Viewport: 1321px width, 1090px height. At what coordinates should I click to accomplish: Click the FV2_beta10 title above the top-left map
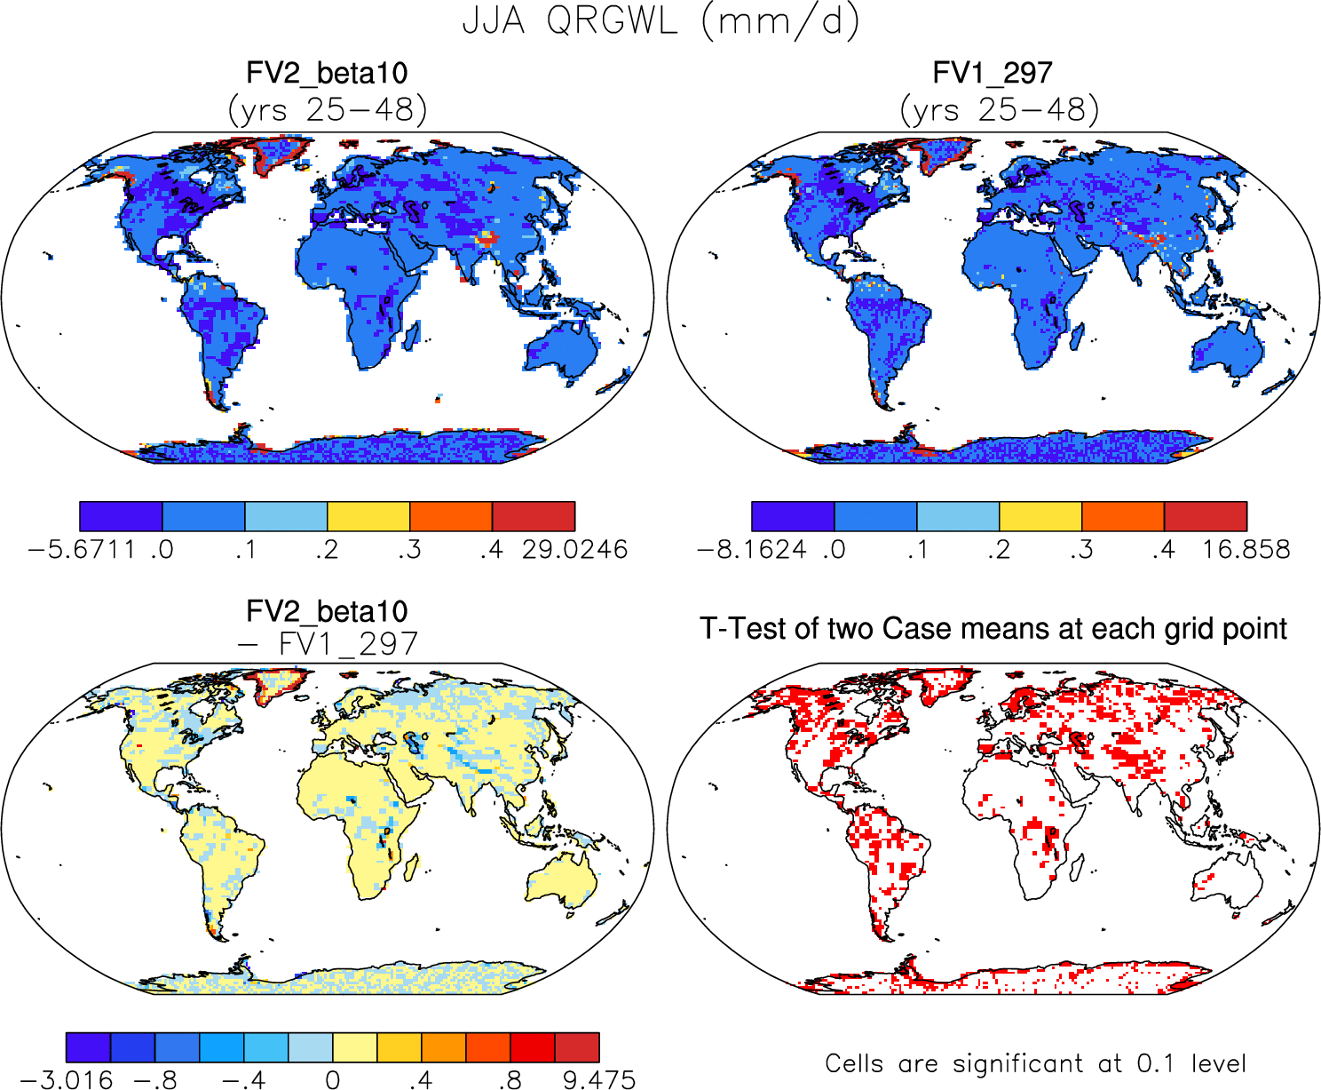(327, 73)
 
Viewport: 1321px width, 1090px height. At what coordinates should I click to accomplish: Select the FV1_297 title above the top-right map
(993, 73)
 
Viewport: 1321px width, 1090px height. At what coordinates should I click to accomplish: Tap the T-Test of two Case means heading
(993, 629)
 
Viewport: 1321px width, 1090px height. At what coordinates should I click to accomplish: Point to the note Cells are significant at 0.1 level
(1035, 1063)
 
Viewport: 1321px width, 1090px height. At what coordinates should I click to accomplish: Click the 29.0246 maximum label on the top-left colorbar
(574, 550)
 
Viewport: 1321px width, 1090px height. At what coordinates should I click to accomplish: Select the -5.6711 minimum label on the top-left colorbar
(81, 550)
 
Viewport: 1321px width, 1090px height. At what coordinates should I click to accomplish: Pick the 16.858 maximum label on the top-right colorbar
(1246, 550)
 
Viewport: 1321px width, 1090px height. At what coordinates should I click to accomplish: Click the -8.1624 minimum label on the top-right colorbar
(753, 550)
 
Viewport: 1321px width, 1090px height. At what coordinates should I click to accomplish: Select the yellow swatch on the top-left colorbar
(368, 516)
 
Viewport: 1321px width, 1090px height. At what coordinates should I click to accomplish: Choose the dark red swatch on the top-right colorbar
(1206, 516)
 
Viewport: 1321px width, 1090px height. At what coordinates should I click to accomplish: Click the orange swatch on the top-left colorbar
(451, 516)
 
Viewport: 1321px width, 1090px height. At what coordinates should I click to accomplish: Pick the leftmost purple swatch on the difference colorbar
(88, 1047)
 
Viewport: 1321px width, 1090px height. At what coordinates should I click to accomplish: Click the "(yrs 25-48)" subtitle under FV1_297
(999, 110)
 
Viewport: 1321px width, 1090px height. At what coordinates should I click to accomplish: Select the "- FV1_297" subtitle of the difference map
(327, 644)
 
